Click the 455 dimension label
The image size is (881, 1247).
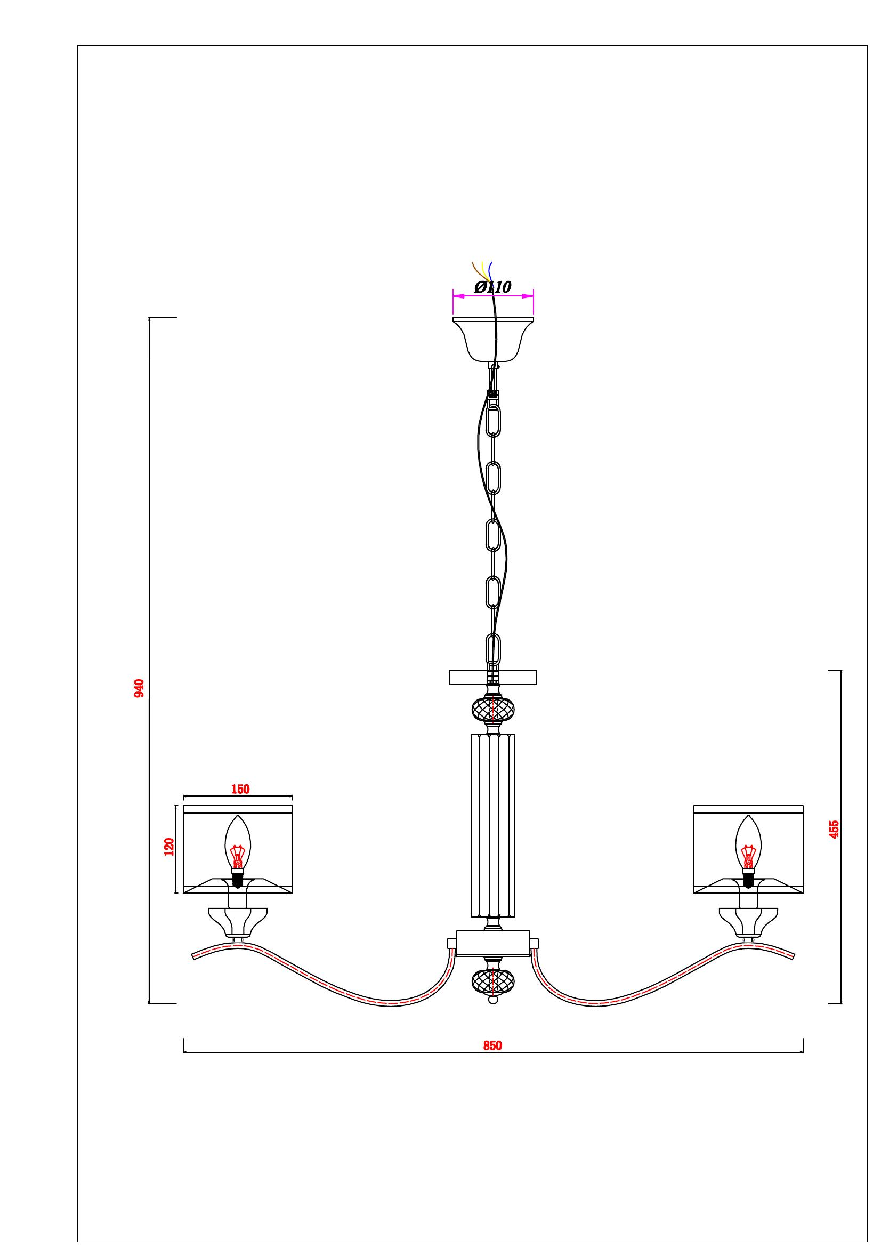(x=834, y=830)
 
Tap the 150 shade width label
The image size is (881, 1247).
(x=240, y=789)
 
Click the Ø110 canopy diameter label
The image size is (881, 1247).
(x=493, y=287)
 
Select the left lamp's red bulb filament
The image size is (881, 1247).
(x=237, y=858)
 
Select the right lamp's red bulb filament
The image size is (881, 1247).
(x=749, y=858)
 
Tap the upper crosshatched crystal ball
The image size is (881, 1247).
(x=493, y=709)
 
